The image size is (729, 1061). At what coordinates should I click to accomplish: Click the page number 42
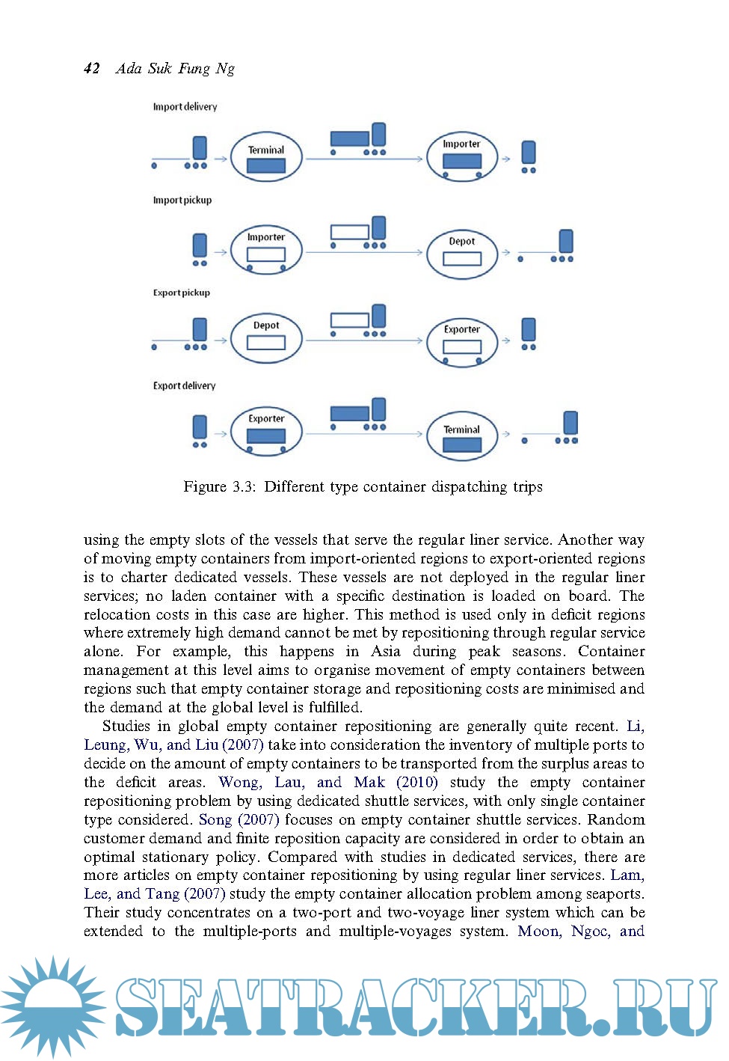[92, 69]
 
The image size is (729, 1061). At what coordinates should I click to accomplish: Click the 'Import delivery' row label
[185, 107]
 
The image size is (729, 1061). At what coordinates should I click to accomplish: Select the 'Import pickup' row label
[182, 201]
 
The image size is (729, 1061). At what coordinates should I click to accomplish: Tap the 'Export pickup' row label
[181, 293]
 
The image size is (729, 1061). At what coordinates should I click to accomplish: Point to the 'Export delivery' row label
[184, 386]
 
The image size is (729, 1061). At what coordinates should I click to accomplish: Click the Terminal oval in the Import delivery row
[266, 157]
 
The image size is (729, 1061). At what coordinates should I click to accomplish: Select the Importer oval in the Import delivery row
[461, 157]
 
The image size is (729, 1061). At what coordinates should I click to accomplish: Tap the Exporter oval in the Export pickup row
[461, 341]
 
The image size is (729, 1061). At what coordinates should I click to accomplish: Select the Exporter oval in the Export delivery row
[266, 431]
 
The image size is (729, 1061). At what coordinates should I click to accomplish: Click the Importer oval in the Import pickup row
[266, 249]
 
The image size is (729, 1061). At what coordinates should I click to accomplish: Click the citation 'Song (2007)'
[239, 819]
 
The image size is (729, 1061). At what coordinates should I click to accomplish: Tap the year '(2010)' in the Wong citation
[417, 782]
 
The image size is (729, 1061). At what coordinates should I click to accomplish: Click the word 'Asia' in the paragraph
[386, 651]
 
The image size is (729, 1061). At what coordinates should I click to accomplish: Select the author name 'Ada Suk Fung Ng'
[175, 69]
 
